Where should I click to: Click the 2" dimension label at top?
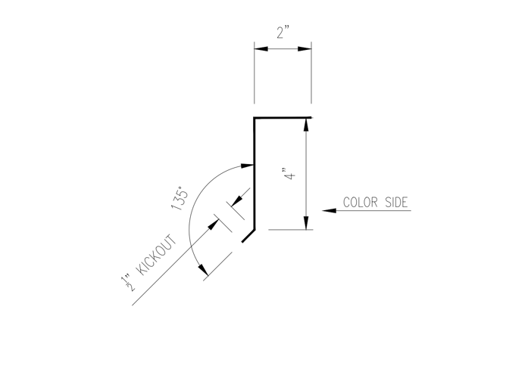click(x=283, y=33)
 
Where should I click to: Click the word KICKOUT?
click(x=156, y=256)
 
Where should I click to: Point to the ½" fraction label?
click(x=127, y=284)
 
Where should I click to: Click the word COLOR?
click(x=361, y=202)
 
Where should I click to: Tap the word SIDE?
click(x=396, y=202)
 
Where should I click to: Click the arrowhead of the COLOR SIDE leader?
click(x=329, y=211)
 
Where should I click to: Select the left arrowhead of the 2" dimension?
click(x=261, y=49)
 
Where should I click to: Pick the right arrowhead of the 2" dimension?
click(x=305, y=49)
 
